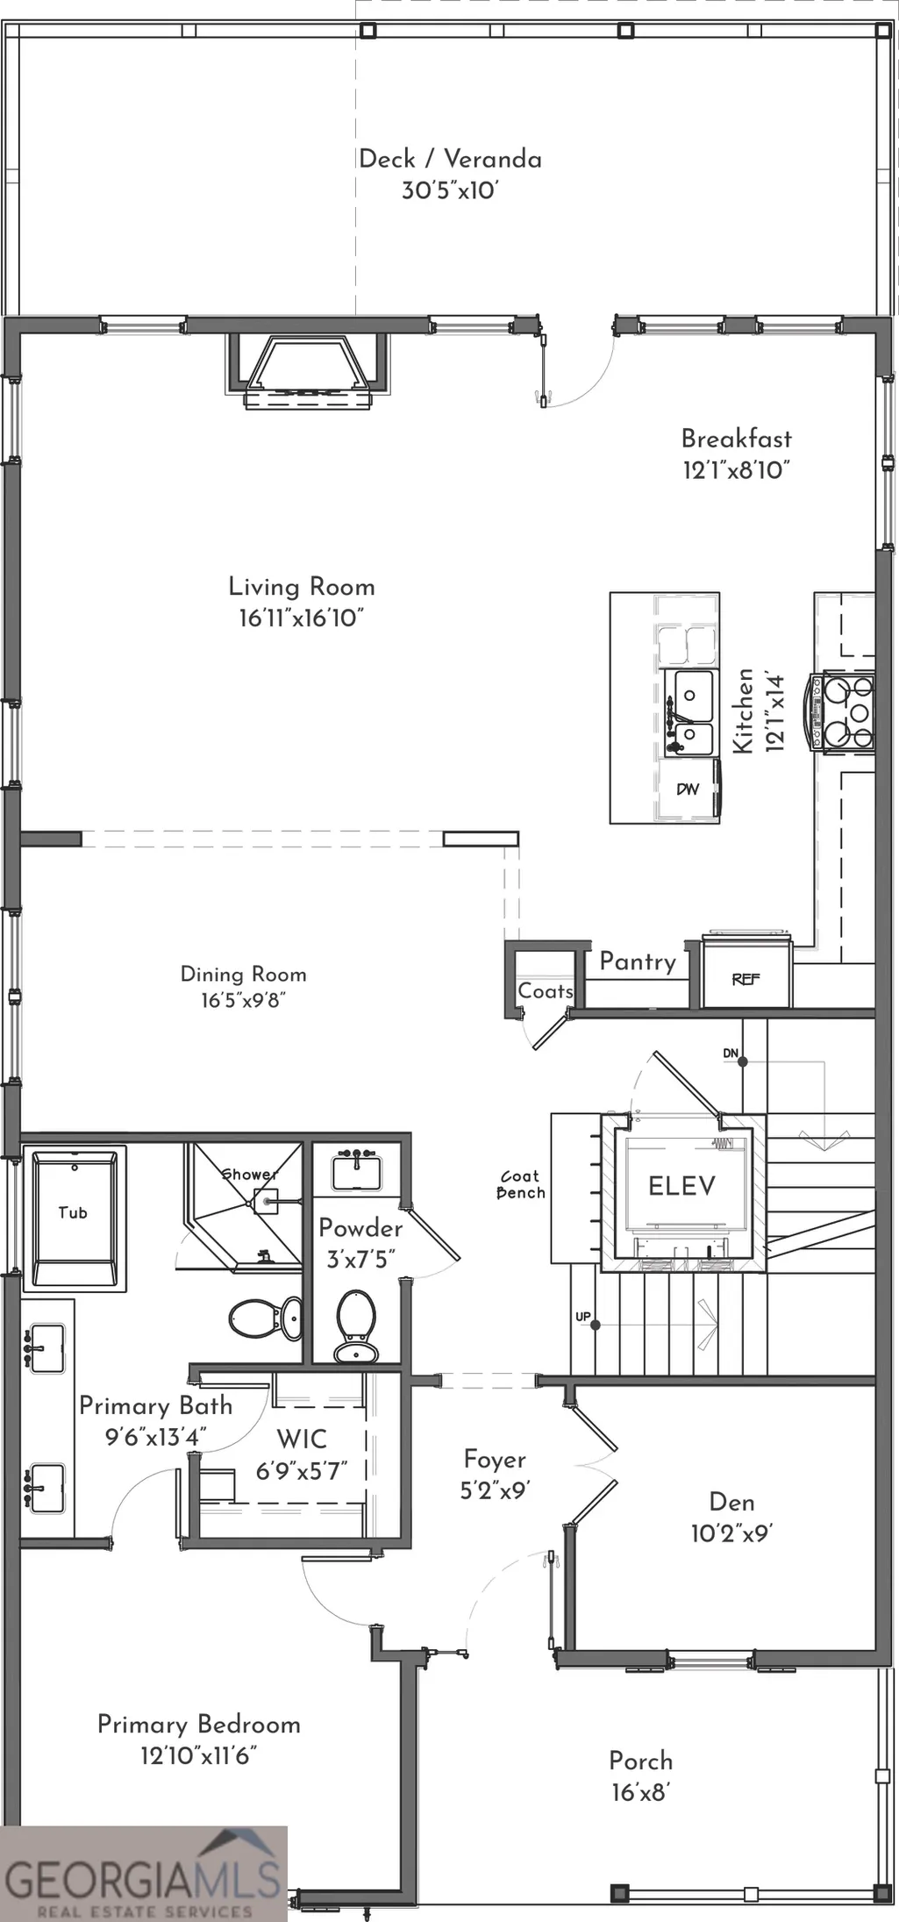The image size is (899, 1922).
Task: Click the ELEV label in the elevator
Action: pos(681,1186)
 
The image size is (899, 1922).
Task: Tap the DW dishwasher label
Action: pos(688,789)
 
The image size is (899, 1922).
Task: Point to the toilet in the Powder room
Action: pos(357,1325)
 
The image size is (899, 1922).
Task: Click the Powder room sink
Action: pos(357,1169)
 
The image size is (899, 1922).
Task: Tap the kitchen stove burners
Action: pos(844,711)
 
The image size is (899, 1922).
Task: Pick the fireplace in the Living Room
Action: pos(308,370)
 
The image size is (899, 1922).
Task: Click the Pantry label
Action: pos(638,961)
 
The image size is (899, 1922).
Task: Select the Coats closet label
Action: pos(546,990)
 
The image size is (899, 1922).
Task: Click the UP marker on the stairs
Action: pos(582,1317)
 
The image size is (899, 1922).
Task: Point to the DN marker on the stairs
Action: pos(731,1053)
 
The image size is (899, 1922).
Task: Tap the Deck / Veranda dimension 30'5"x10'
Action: pos(450,190)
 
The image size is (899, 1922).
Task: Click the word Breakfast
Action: pos(737,438)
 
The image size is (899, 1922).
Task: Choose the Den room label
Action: pos(731,1502)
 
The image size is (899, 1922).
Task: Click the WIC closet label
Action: pos(302,1439)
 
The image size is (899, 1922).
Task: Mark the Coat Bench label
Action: pos(521,1184)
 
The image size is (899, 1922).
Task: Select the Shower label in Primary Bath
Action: pos(249,1174)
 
